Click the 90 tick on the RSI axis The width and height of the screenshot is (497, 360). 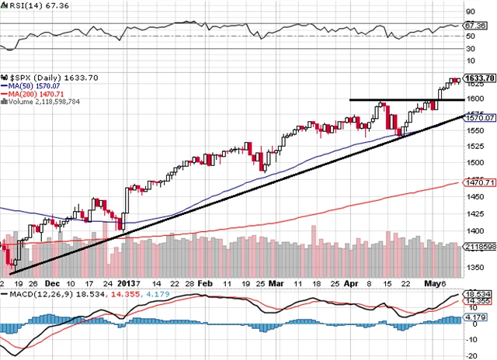click(469, 12)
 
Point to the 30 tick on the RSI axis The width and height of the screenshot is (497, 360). click(469, 49)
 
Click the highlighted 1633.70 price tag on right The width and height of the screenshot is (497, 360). click(478, 78)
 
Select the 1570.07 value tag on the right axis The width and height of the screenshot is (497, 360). click(480, 118)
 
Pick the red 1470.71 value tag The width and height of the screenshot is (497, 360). click(480, 182)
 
